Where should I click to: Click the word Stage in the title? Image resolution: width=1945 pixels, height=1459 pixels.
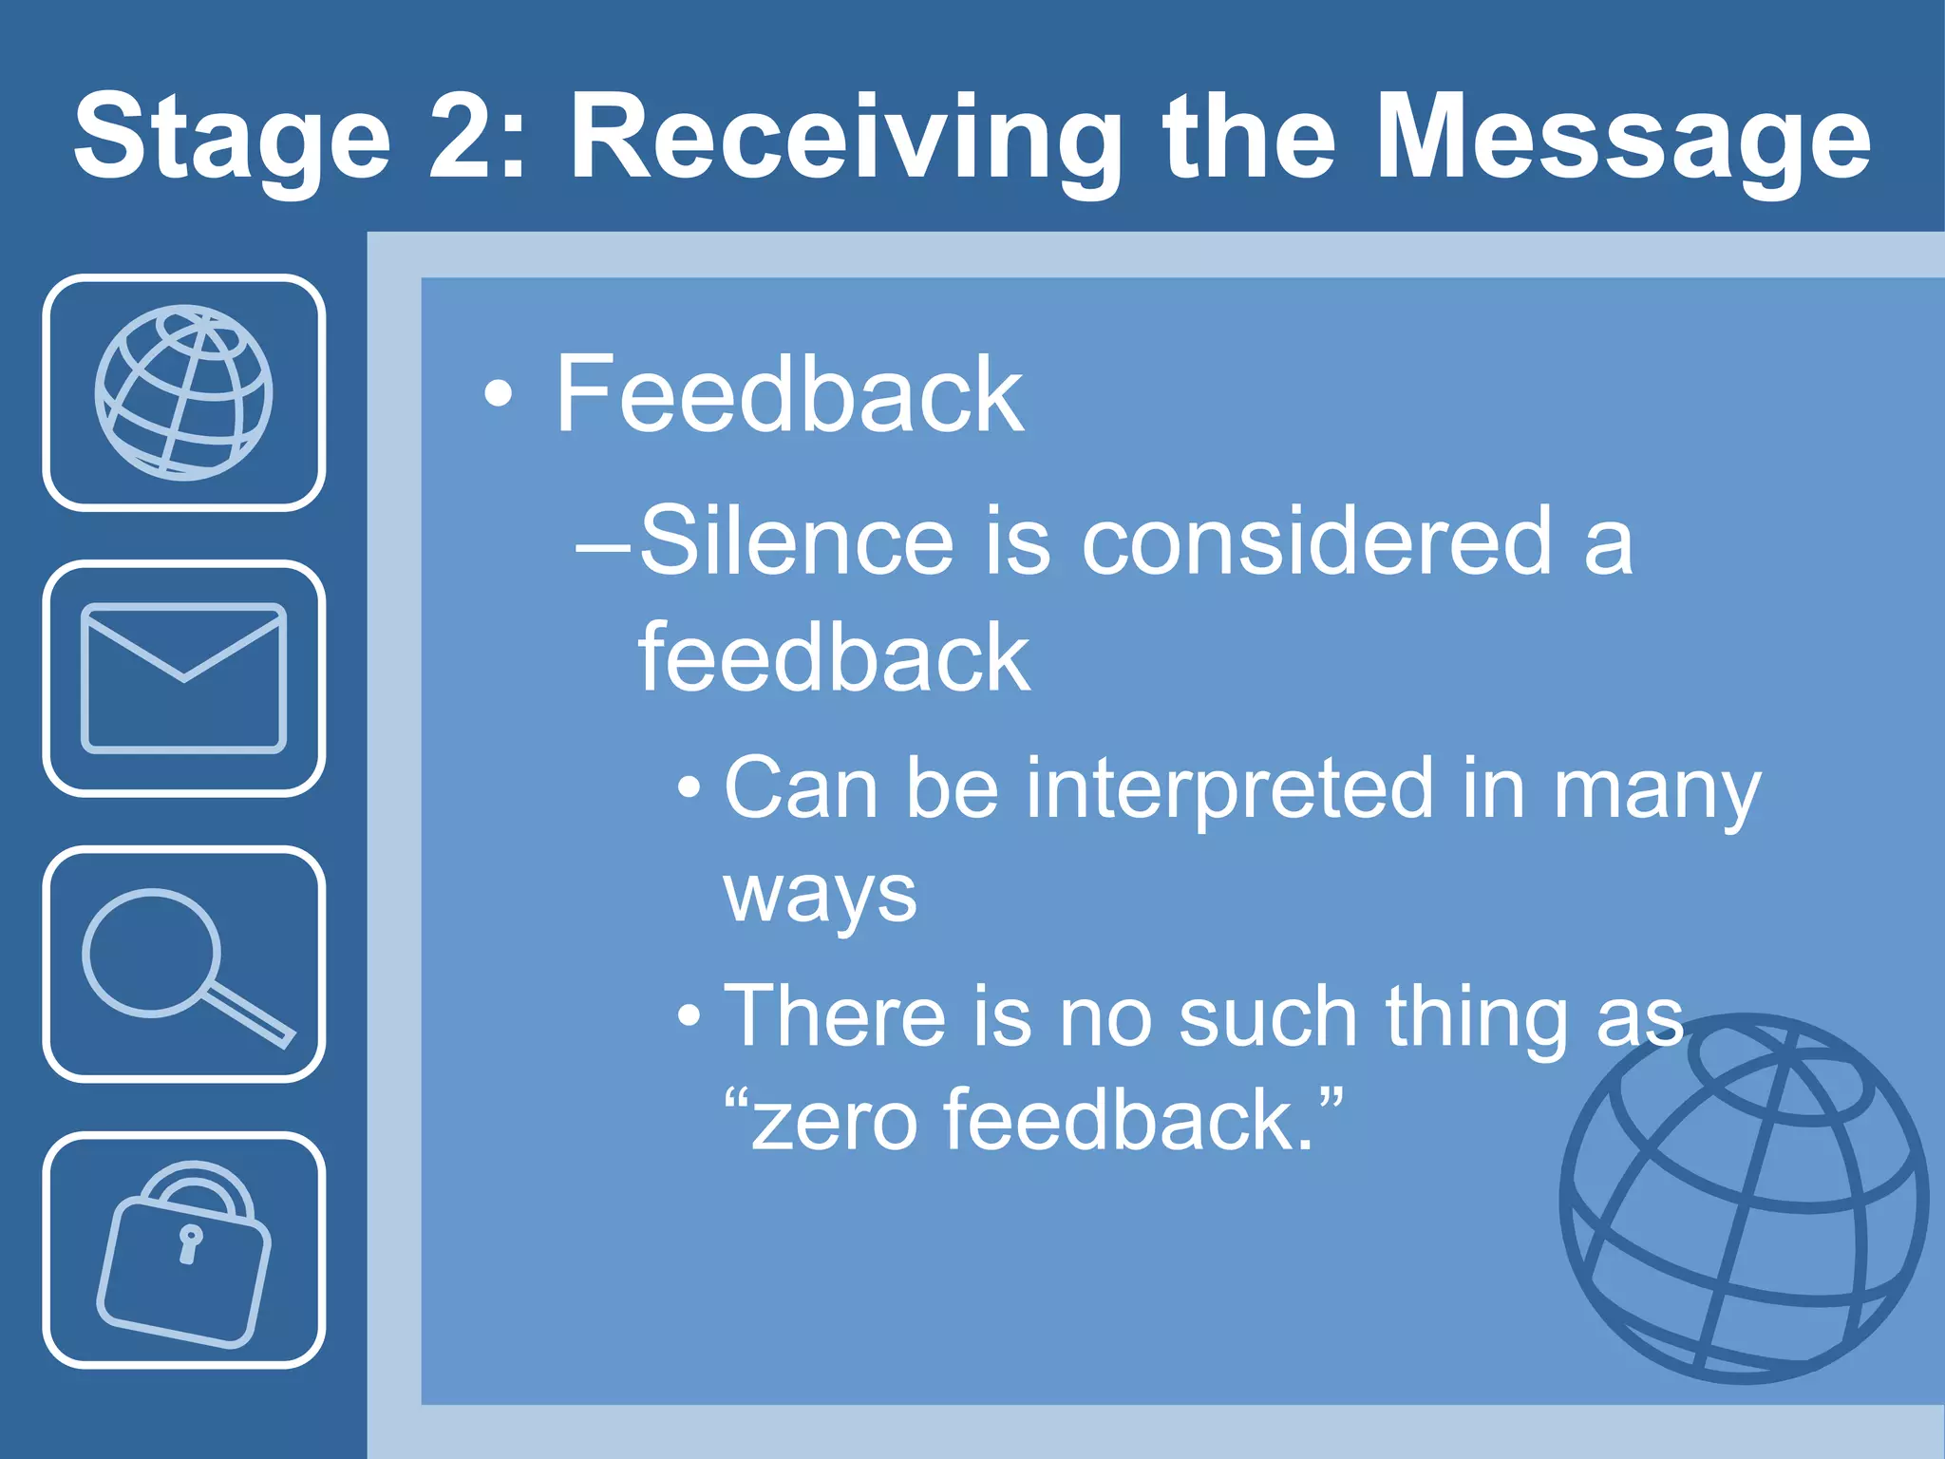[x=233, y=138]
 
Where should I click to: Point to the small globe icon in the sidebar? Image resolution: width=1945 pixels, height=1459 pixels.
[x=183, y=392]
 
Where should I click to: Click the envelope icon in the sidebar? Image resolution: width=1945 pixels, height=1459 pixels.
[x=183, y=677]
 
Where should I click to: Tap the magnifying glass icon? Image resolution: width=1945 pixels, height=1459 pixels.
[x=183, y=964]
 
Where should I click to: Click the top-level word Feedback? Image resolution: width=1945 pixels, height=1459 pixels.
[x=788, y=394]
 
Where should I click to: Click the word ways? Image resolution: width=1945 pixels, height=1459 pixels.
[x=820, y=896]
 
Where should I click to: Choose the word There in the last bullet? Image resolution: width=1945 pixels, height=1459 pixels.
[x=835, y=1016]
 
